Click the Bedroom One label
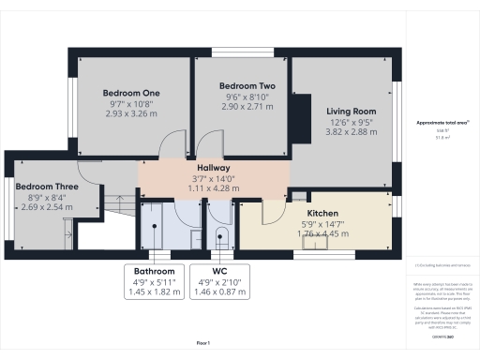coord(131,93)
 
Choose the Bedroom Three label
coord(45,186)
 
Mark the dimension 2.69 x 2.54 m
coord(45,206)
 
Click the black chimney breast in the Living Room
coord(303,116)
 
